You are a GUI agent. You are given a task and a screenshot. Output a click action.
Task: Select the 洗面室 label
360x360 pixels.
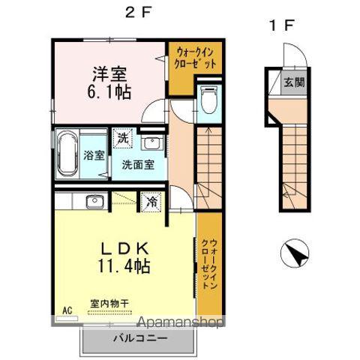(139, 165)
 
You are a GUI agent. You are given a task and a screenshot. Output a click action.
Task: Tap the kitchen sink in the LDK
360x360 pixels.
(94, 201)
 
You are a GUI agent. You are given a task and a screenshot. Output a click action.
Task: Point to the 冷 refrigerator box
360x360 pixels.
(151, 202)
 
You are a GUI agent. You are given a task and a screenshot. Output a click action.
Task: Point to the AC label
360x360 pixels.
(66, 310)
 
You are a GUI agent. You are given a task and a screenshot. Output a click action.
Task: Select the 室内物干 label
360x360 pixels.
(109, 303)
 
